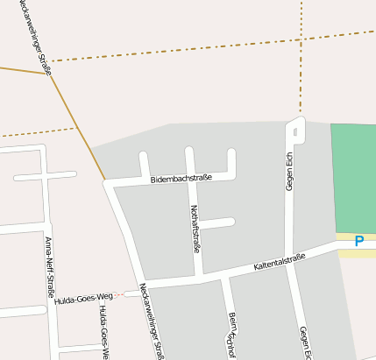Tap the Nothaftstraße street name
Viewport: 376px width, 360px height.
(195, 228)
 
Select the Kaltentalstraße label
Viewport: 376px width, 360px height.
(280, 260)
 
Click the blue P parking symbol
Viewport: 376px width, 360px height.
(358, 241)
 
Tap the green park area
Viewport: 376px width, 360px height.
(354, 175)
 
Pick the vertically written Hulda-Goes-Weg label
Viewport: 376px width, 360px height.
(103, 333)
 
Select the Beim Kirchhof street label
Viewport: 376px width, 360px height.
(232, 333)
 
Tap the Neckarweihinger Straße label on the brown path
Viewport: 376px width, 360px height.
(30, 35)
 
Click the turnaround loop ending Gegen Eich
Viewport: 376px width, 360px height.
(295, 130)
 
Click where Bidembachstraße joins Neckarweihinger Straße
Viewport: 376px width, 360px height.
(107, 184)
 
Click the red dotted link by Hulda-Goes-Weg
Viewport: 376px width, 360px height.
(122, 293)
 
